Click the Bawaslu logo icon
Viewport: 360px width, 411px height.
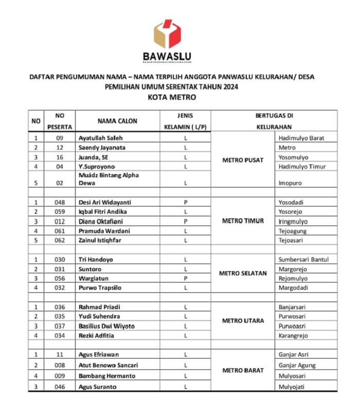pos(167,34)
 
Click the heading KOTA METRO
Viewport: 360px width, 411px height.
pos(172,97)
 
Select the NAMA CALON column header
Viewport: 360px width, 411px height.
pos(118,121)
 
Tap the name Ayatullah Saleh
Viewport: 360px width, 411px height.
pos(100,138)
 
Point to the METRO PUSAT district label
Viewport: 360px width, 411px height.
pos(243,160)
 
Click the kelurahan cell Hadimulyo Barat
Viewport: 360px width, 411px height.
pos(301,138)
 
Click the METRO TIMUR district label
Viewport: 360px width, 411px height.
pos(243,221)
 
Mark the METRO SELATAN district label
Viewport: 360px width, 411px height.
pos(243,273)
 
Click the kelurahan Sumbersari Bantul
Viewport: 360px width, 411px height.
pos(303,259)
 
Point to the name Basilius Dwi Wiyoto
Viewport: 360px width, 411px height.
pos(106,326)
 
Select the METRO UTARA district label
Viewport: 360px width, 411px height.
pos(243,321)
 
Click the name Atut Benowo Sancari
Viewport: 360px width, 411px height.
pos(108,365)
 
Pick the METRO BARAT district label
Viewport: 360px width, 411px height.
pos(243,370)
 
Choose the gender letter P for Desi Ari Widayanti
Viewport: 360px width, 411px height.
pos(185,202)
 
